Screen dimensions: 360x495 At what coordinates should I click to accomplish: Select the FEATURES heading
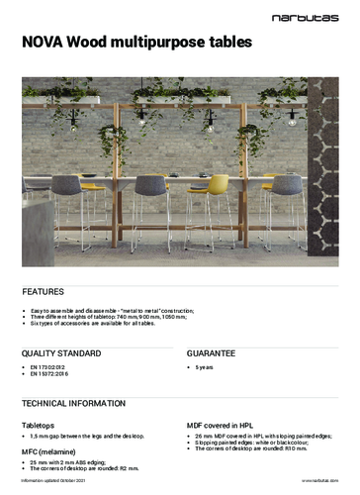pos(44,292)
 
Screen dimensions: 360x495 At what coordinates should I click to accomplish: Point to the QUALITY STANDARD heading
pos(61,352)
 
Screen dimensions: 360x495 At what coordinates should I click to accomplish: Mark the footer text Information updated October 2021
pos(58,480)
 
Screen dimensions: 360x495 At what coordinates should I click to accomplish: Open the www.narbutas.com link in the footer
pos(320,480)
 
